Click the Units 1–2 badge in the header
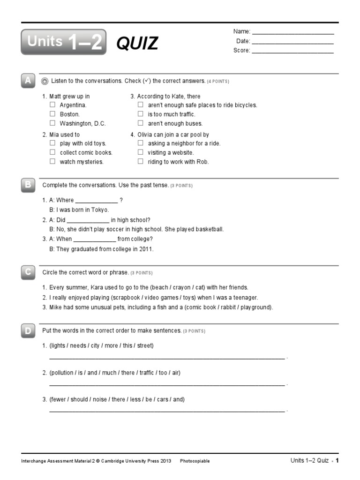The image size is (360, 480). (x=64, y=42)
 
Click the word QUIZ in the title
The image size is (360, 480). (x=137, y=43)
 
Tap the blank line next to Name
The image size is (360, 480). (x=293, y=32)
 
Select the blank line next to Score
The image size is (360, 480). (x=293, y=51)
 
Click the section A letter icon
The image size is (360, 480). (x=28, y=81)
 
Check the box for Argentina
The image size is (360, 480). (x=52, y=105)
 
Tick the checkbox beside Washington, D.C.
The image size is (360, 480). (x=52, y=123)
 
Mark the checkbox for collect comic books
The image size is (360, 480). (x=52, y=152)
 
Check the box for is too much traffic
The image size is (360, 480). (x=140, y=114)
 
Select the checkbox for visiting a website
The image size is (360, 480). (x=140, y=152)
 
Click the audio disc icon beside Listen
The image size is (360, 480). (x=45, y=81)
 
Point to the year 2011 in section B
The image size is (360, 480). (x=146, y=249)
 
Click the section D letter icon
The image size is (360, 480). (x=28, y=331)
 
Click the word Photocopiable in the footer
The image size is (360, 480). (x=195, y=461)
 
